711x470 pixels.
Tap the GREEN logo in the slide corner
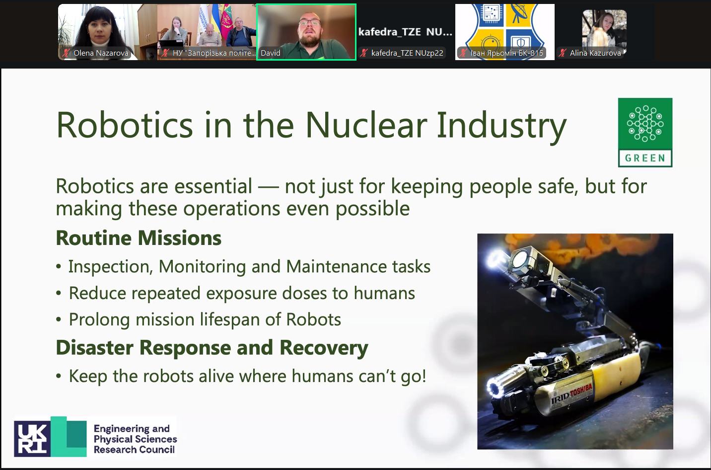645,133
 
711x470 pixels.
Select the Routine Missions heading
139,238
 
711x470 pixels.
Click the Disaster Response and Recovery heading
212,347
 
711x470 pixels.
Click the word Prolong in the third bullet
99,320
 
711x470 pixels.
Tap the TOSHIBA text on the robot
581,391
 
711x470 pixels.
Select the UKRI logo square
32,439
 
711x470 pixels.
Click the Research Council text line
134,450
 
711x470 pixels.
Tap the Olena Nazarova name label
101,53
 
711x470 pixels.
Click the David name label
271,53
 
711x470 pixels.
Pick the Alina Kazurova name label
595,53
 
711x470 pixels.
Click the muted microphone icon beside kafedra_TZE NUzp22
364,53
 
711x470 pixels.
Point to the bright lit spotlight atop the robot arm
496,257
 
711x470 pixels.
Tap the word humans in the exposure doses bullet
384,293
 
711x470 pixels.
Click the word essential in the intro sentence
213,186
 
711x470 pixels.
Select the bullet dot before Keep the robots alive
59,376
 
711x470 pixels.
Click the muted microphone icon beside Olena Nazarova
66,53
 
